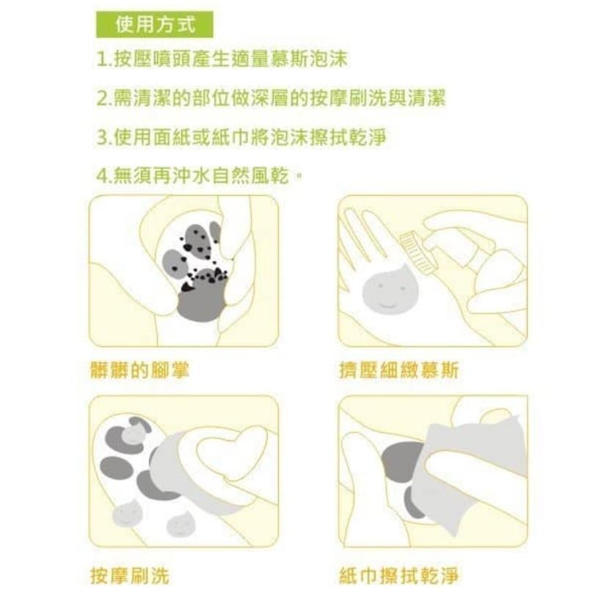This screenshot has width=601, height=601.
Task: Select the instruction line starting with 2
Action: coord(271,98)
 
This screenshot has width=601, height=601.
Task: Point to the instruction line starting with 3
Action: coord(241,137)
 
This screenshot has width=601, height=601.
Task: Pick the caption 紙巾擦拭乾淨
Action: coord(398,575)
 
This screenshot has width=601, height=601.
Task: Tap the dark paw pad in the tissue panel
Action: coord(404,462)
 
